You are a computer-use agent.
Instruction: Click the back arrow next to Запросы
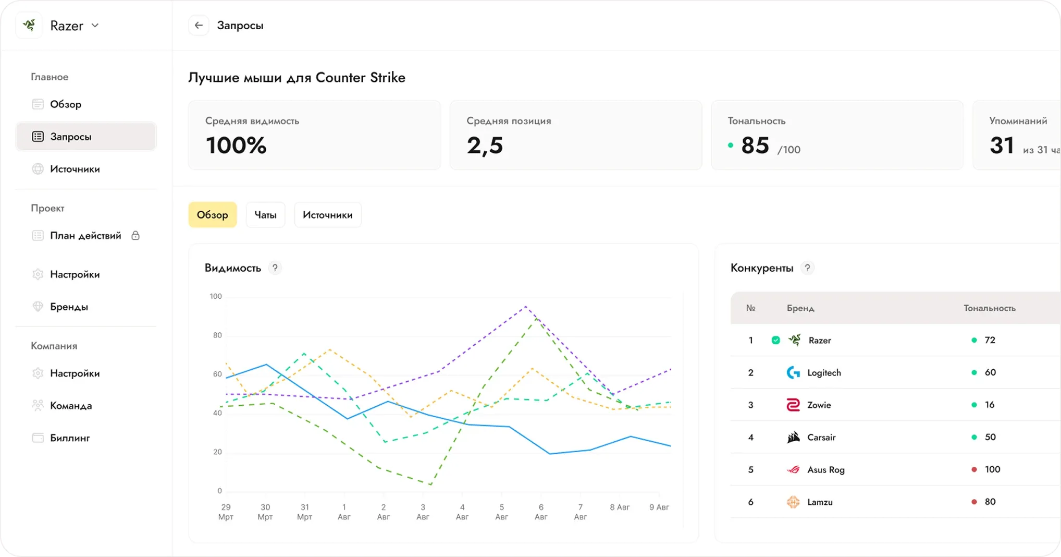pos(199,25)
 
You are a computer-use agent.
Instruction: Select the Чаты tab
pos(265,215)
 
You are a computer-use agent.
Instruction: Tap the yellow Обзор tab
pos(212,215)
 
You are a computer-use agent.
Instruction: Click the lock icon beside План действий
pos(135,235)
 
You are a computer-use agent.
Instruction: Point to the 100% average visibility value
pos(236,145)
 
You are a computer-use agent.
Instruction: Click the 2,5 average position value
pos(485,146)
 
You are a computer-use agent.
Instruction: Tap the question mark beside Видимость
pos(275,268)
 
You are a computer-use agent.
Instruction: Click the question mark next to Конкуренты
pos(807,268)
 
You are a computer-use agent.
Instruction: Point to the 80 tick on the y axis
pos(217,335)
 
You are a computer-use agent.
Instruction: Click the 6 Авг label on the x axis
pos(541,512)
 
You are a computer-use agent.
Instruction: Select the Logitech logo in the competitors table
pos(793,372)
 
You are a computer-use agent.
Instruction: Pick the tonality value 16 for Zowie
pos(990,405)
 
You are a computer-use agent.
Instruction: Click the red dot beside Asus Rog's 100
pos(974,469)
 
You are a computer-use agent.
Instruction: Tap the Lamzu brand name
pos(820,502)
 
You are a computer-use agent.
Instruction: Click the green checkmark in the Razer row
pos(775,340)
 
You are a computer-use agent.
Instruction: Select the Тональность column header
pos(989,308)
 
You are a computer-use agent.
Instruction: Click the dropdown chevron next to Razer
pos(95,25)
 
